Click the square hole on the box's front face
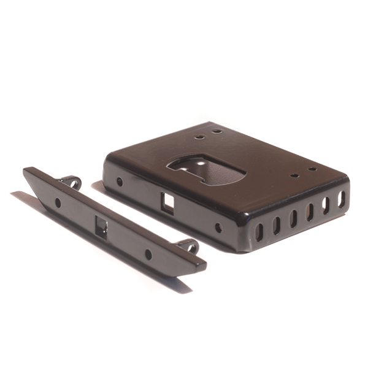pyautogui.click(x=167, y=202)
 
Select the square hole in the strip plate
pyautogui.click(x=101, y=228)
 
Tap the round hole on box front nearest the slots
pyautogui.click(x=218, y=228)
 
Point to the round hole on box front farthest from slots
pyautogui.click(x=120, y=182)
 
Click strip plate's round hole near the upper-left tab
pyautogui.click(x=58, y=202)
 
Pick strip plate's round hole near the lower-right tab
pyautogui.click(x=148, y=254)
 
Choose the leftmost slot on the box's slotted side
pyautogui.click(x=259, y=231)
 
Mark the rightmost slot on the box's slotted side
pyautogui.click(x=342, y=199)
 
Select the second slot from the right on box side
pyautogui.click(x=326, y=205)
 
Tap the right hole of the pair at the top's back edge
pyautogui.click(x=217, y=131)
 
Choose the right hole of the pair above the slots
pyautogui.click(x=312, y=169)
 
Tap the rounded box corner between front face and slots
pyautogui.click(x=241, y=230)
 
